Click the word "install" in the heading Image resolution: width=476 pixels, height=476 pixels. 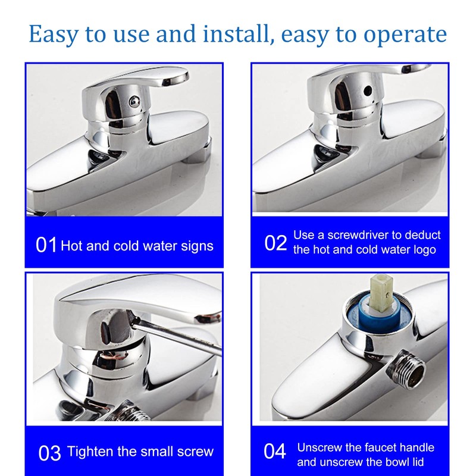[236, 34]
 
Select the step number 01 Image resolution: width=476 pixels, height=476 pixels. [46, 245]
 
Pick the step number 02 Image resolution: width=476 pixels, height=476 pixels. [275, 243]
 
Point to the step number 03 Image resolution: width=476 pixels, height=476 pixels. [49, 453]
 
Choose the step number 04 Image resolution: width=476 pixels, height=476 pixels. [275, 451]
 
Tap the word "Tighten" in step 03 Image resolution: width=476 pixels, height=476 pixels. [90, 452]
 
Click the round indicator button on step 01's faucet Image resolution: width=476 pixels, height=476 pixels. [134, 101]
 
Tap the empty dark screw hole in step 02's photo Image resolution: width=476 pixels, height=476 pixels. [368, 90]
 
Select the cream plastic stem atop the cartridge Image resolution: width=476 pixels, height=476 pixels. [381, 293]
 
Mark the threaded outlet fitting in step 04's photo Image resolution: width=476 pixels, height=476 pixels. [406, 369]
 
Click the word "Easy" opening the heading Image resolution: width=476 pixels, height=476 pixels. [54, 35]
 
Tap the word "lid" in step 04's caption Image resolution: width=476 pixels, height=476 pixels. [418, 462]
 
